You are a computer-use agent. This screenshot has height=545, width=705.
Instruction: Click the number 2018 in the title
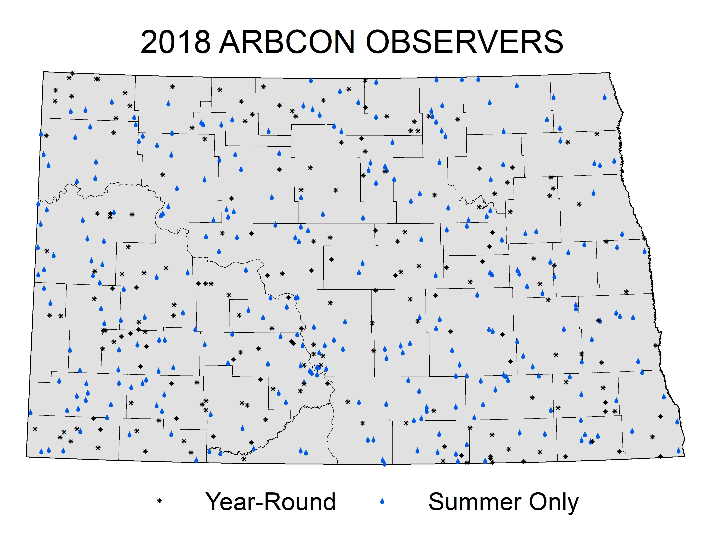click(176, 42)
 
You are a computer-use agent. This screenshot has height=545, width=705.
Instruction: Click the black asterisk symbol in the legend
click(159, 501)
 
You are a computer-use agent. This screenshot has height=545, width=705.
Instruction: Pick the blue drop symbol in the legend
click(382, 501)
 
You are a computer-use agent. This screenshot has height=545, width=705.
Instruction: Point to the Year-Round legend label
click(270, 502)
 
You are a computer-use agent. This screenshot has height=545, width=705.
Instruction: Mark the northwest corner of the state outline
click(44, 72)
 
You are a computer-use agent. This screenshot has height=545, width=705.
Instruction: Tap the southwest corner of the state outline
click(26, 457)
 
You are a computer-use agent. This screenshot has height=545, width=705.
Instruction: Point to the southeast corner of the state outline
click(685, 456)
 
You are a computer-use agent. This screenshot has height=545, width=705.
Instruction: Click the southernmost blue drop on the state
click(384, 464)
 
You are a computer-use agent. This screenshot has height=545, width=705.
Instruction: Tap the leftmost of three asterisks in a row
click(198, 283)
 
